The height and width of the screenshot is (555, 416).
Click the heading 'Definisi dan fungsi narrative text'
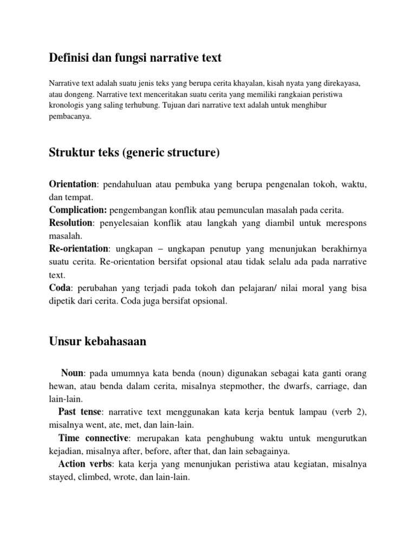click(135, 57)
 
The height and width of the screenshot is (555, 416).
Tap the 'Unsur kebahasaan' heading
click(98, 341)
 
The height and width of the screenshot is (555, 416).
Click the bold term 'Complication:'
click(78, 210)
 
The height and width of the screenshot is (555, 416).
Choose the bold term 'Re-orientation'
click(79, 248)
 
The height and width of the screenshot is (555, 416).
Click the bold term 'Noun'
click(72, 373)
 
